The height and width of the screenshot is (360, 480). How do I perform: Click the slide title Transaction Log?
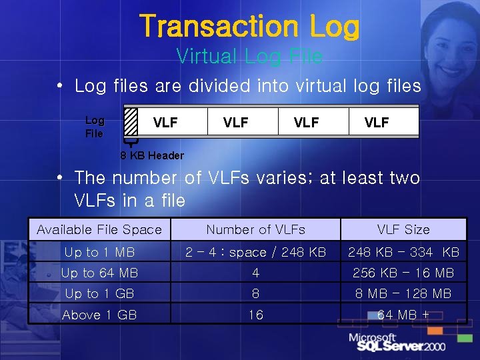tap(249, 27)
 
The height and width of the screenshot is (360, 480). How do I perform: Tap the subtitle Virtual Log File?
tap(249, 57)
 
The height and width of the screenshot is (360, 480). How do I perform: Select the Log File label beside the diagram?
tap(95, 127)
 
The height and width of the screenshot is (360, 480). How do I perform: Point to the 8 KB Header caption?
tap(152, 155)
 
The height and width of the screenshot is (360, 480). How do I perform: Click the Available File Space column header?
tap(99, 230)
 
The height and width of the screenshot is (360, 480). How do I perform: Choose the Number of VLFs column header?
tap(255, 230)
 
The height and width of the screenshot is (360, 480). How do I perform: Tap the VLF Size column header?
tap(403, 230)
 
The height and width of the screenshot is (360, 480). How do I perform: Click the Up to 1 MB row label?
tap(99, 252)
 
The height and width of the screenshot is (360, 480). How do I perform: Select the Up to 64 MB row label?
tap(99, 273)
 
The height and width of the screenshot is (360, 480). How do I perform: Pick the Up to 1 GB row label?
tap(99, 293)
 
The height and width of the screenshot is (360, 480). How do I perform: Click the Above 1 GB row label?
tap(99, 314)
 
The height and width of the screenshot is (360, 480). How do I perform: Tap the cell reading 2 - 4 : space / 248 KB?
tap(255, 252)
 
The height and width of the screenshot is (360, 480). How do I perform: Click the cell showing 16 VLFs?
tap(255, 314)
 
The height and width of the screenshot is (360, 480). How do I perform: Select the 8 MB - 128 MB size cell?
tap(403, 293)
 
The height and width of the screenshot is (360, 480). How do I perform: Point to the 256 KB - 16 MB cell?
tap(403, 273)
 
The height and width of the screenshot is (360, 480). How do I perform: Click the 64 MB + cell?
tap(403, 314)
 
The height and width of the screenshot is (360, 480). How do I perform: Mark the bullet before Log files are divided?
tap(60, 86)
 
